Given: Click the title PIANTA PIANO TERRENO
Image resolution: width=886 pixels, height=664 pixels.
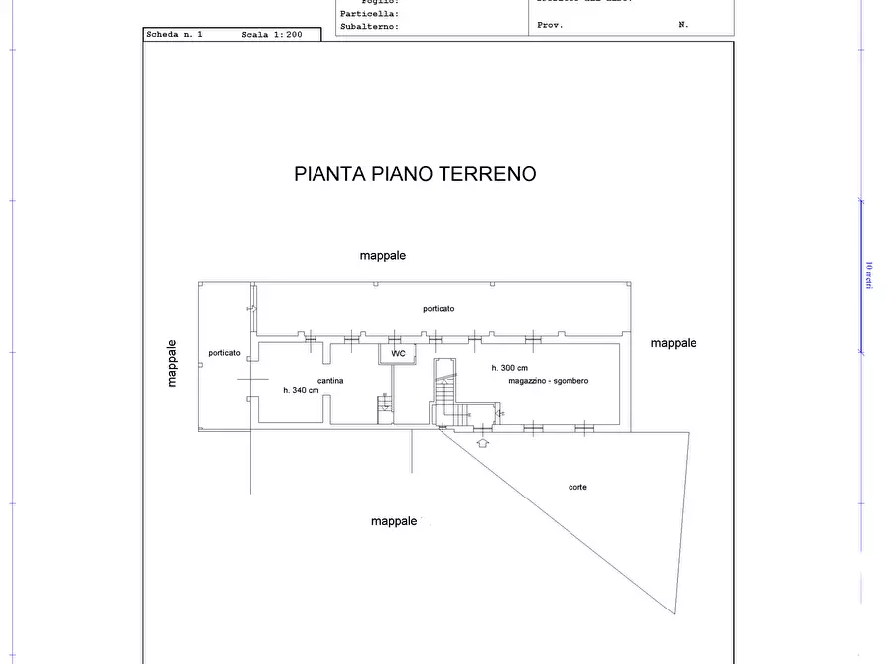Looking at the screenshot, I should [415, 174].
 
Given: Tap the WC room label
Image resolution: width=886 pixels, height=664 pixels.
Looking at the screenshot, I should [398, 353].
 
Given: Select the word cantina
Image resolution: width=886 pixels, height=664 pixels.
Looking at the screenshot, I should [330, 381].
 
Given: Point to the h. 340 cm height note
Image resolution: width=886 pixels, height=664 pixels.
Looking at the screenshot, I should [301, 390].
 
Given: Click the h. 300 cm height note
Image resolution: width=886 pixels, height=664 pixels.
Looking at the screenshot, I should [509, 368].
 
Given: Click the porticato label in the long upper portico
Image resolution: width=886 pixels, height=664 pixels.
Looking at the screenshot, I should [439, 309].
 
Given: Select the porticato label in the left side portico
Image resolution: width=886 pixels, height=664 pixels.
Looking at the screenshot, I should [224, 353].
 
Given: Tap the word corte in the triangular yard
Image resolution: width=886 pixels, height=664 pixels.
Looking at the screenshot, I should [577, 487].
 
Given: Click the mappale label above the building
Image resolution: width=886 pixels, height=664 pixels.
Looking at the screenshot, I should [382, 256].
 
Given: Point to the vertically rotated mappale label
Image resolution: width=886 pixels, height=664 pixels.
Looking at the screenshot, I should [173, 363].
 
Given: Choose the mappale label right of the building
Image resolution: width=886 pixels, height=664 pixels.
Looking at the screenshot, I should [673, 343].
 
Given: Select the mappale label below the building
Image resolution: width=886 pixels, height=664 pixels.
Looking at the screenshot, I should [394, 521].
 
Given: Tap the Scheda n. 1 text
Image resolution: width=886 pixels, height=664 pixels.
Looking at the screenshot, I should [174, 35].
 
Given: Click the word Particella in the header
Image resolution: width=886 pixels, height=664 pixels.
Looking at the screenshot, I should [369, 14].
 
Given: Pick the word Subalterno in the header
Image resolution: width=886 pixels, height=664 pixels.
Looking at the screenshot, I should [369, 27].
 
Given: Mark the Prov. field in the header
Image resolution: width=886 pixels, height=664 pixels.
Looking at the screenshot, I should [550, 25].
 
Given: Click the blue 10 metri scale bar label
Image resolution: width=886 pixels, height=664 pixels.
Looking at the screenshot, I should [868, 275].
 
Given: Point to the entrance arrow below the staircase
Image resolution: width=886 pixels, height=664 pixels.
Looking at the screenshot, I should [483, 442].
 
